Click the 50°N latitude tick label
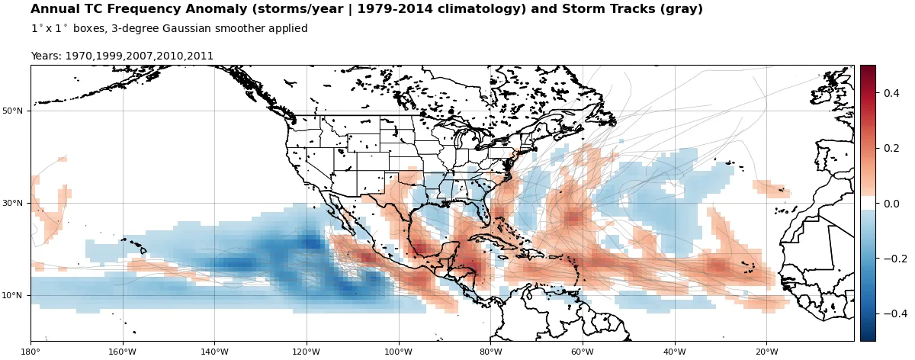(12, 111)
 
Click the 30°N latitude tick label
(12, 204)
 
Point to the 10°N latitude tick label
(12, 296)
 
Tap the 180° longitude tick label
(30, 352)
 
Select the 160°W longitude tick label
(123, 352)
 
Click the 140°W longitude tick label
(214, 352)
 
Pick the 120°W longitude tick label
(307, 352)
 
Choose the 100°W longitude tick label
(398, 352)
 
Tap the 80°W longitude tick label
(490, 352)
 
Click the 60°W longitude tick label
(583, 352)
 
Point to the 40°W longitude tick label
(674, 352)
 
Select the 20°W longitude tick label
(766, 352)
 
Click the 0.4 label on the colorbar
(891, 93)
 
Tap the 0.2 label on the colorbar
(891, 148)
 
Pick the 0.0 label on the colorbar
(891, 204)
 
